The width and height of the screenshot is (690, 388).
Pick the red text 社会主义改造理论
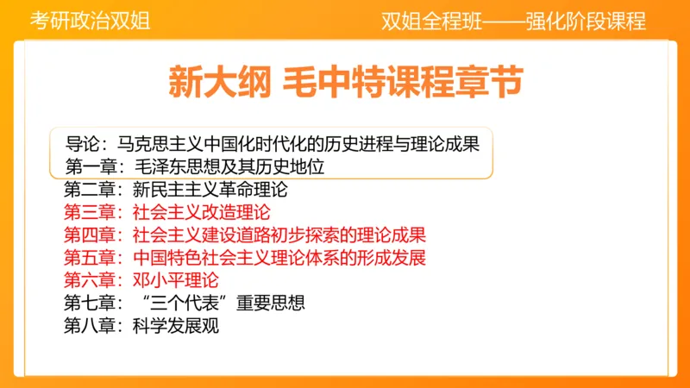coord(201,210)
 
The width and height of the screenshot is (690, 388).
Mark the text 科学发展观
coord(175,326)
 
